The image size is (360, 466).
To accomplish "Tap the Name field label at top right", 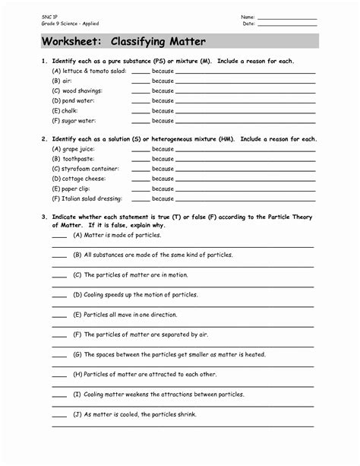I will tap(248, 16).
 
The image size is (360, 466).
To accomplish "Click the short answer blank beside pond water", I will tap(141, 100).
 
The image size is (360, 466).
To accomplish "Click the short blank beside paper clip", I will tap(141, 189).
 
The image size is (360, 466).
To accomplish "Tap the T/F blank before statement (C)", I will tap(59, 275).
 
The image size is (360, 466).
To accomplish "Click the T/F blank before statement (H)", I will tap(59, 374).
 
